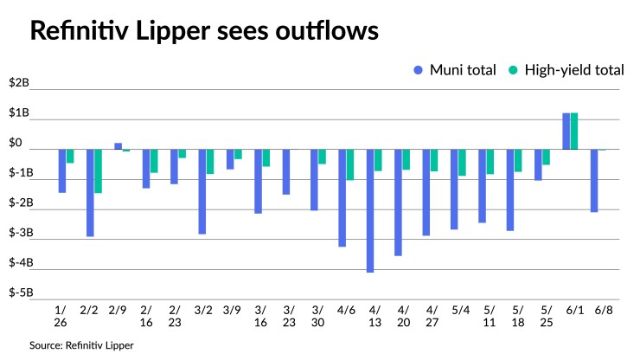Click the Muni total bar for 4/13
tap(370, 210)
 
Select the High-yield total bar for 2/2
tap(98, 170)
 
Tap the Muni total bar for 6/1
tap(566, 131)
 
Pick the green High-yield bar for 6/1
tap(574, 131)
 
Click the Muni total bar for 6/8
tap(594, 180)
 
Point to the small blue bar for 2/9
tap(118, 146)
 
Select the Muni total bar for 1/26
tap(62, 170)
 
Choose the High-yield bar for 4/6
tap(350, 164)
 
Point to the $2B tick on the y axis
tap(19, 84)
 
